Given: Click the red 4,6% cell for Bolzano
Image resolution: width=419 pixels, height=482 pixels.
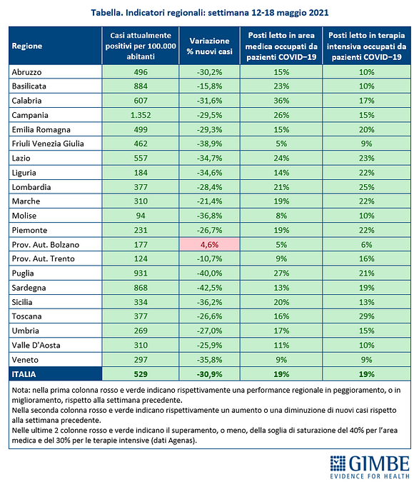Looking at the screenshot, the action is pyautogui.click(x=209, y=244).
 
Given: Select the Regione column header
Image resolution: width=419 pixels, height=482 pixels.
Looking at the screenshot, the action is pyautogui.click(x=27, y=46).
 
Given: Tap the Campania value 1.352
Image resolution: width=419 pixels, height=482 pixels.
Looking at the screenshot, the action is pyautogui.click(x=141, y=115).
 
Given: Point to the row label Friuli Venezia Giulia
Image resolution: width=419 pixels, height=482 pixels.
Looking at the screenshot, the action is pyautogui.click(x=48, y=144).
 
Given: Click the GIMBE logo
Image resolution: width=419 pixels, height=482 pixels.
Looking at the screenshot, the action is pyautogui.click(x=370, y=466).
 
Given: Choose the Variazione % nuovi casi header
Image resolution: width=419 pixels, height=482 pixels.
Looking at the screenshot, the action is pyautogui.click(x=210, y=46).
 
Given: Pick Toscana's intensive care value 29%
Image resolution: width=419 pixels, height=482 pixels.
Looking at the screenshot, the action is pyautogui.click(x=366, y=316).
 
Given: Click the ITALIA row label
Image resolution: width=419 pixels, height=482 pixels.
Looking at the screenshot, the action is pyautogui.click(x=24, y=374).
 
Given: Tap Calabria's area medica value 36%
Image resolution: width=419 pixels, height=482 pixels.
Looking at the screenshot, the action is pyautogui.click(x=281, y=101).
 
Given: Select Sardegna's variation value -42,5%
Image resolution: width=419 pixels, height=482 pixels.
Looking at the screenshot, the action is pyautogui.click(x=210, y=288).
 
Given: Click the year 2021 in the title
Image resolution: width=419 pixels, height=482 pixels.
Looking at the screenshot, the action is pyautogui.click(x=319, y=13).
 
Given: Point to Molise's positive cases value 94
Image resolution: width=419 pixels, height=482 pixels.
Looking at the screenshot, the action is pyautogui.click(x=141, y=216).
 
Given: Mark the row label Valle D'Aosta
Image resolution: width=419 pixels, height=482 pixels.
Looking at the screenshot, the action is pyautogui.click(x=36, y=345).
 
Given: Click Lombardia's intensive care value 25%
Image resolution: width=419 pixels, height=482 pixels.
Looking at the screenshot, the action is pyautogui.click(x=366, y=187).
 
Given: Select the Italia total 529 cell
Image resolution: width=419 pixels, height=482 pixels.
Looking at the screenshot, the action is pyautogui.click(x=141, y=374).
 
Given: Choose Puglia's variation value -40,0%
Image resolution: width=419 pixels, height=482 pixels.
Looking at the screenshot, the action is pyautogui.click(x=210, y=273).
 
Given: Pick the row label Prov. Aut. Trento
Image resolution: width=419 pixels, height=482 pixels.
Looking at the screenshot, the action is pyautogui.click(x=43, y=258).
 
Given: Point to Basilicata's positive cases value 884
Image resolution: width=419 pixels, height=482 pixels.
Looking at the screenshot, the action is pyautogui.click(x=141, y=86).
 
